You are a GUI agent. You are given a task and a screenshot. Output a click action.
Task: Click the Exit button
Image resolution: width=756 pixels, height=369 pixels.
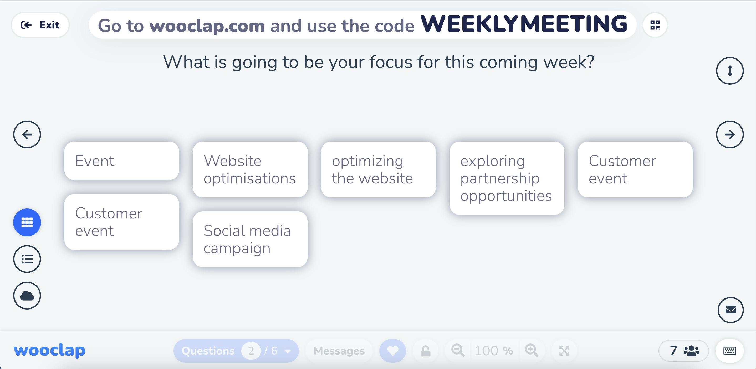pos(40,25)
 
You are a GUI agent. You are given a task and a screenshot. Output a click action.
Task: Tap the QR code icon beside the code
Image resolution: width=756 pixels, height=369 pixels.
pos(655,25)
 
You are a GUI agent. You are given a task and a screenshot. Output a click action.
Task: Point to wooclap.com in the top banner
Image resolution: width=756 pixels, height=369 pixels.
pos(207,26)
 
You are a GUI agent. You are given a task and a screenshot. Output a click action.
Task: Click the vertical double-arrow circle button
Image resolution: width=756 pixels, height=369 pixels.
pos(730,71)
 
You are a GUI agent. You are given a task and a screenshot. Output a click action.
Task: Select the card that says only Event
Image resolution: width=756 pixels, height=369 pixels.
pos(121,161)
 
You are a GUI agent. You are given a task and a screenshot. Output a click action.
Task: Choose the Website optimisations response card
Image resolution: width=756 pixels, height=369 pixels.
pos(250,169)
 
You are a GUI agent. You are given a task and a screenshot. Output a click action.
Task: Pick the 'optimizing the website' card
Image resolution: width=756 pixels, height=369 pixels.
pos(378,169)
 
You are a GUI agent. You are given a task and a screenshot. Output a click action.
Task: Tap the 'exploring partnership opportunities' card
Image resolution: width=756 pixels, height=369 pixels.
pos(507,178)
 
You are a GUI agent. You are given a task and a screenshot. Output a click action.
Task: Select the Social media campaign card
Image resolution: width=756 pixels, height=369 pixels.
pos(250,239)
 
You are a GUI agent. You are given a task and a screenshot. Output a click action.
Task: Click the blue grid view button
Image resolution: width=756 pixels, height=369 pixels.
pos(27,222)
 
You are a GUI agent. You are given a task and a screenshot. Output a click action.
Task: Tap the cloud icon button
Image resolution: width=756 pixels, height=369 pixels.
pos(27,296)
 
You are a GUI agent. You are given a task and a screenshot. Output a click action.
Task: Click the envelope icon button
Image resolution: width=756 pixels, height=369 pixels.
pos(731,310)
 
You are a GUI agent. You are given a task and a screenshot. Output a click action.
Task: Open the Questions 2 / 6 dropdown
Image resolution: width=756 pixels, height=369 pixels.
pos(236,351)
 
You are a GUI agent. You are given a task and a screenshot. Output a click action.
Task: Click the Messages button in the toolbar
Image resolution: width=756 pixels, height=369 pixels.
pos(339,351)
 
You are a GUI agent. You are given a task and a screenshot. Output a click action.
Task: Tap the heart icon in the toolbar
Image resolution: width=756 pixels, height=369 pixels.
pos(393,351)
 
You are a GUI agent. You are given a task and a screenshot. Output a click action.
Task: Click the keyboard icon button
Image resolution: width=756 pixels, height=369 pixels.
pos(730,351)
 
